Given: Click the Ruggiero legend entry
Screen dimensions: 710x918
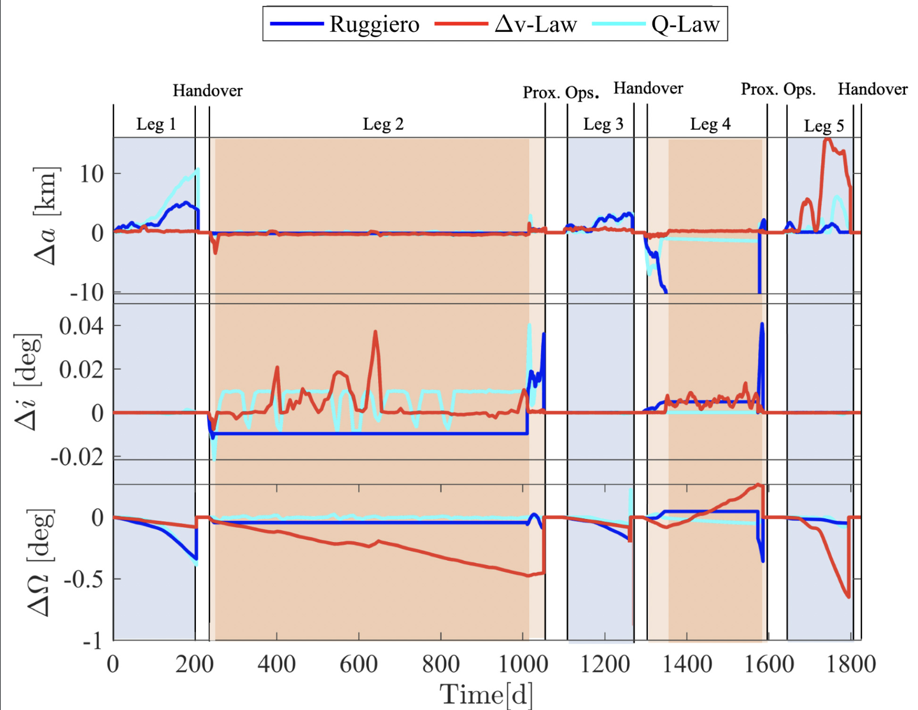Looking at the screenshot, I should [345, 24].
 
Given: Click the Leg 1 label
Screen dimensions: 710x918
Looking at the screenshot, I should [156, 124].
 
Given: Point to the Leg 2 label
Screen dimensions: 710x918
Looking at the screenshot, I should [383, 124].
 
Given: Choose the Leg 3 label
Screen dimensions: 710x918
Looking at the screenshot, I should [603, 124].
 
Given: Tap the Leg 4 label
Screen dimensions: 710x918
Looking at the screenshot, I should [710, 124].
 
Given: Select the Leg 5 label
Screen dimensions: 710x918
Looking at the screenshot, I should [824, 126].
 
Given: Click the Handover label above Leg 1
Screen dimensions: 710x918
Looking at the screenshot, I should [208, 91].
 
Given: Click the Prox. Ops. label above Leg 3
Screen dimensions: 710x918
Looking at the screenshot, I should [560, 93].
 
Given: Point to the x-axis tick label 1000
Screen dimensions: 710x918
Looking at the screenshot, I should [523, 665].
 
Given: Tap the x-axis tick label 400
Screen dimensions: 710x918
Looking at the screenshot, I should [276, 665].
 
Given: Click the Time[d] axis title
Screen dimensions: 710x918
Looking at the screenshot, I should [486, 694].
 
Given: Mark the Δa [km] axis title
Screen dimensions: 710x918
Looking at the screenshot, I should [46, 216].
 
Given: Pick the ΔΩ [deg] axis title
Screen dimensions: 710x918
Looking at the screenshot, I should [40, 561].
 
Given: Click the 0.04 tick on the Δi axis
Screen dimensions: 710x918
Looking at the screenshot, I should [81, 326].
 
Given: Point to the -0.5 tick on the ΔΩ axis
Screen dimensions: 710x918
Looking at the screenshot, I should [84, 579].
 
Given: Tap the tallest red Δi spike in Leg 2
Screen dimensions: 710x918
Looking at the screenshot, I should [375, 332].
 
